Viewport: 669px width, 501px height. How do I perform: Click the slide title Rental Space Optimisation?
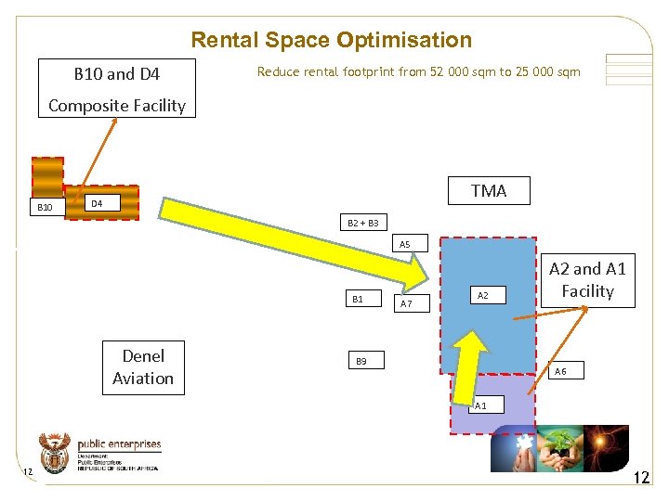pos(331,40)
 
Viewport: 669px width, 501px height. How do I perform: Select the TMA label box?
pos(489,190)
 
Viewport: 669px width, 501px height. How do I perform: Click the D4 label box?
pos(96,202)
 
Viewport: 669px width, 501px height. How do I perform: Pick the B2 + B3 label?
pos(362,223)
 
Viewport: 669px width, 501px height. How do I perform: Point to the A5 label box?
pos(405,244)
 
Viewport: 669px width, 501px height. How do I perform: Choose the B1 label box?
pos(359,299)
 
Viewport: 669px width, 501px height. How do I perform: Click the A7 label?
pos(406,302)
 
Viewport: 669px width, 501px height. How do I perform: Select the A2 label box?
pos(483,295)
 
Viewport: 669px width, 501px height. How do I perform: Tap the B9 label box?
pos(361,360)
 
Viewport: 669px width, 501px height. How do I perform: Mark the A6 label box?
pos(560,371)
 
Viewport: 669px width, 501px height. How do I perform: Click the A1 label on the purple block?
pos(480,406)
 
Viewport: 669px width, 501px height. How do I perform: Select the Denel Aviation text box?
pos(143,367)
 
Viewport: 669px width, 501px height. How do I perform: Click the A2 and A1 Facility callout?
pos(587,280)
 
